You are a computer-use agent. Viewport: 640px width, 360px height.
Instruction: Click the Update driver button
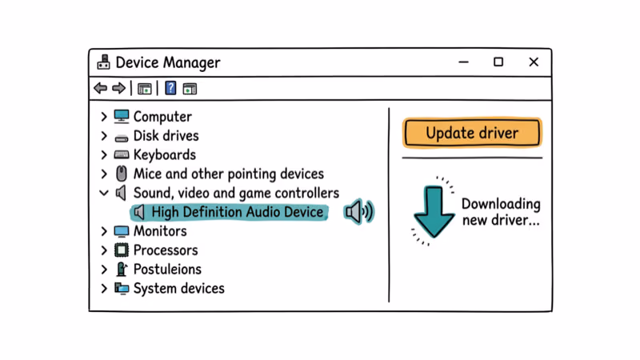tap(472, 133)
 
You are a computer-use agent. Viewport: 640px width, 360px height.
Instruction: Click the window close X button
tap(534, 62)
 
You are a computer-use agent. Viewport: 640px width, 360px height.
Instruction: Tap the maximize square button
tap(498, 62)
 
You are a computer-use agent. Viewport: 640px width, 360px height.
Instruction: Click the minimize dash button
tap(463, 62)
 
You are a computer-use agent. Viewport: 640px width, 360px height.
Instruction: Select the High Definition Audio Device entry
tap(238, 212)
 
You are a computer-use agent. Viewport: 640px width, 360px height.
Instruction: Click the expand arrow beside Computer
tap(104, 117)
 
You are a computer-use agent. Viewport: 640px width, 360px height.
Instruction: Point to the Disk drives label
tap(166, 136)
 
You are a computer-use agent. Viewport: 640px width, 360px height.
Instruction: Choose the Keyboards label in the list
tap(164, 155)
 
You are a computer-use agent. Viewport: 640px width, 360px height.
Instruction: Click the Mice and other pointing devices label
tap(228, 174)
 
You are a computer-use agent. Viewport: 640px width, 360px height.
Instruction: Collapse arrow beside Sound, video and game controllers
tap(104, 193)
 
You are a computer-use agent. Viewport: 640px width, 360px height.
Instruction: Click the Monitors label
tap(160, 231)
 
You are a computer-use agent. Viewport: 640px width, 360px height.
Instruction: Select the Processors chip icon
tap(122, 250)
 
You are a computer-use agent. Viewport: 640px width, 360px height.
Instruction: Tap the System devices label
tap(178, 289)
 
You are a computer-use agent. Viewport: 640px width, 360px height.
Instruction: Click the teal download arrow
tap(434, 210)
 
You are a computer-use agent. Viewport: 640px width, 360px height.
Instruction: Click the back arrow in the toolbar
tap(100, 88)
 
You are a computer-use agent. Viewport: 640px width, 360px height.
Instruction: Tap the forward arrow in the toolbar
tap(118, 88)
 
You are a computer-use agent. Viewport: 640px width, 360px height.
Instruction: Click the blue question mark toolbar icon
tap(170, 88)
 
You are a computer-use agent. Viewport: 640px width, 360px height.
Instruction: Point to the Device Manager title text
tap(168, 62)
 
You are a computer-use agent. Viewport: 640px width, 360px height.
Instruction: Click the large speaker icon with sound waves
tap(358, 212)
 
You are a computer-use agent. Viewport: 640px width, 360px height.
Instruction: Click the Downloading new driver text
tap(501, 212)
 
